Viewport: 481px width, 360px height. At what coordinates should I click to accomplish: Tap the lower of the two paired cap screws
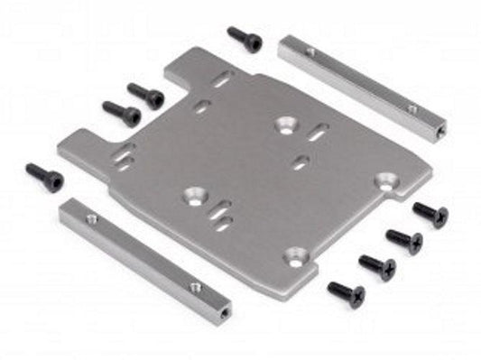point(121,113)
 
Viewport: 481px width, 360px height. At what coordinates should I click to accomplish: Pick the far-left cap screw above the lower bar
point(44,176)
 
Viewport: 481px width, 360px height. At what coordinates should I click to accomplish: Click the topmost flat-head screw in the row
point(430,214)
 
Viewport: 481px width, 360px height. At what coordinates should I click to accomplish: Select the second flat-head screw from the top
point(403,239)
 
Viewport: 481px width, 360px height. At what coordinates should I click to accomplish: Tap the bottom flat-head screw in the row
point(346,291)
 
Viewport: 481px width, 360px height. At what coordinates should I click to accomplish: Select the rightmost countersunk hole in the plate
point(387,180)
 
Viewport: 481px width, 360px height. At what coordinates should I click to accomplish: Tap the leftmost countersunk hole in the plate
point(192,192)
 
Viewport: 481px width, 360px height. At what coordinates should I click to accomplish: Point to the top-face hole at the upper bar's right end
point(412,110)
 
